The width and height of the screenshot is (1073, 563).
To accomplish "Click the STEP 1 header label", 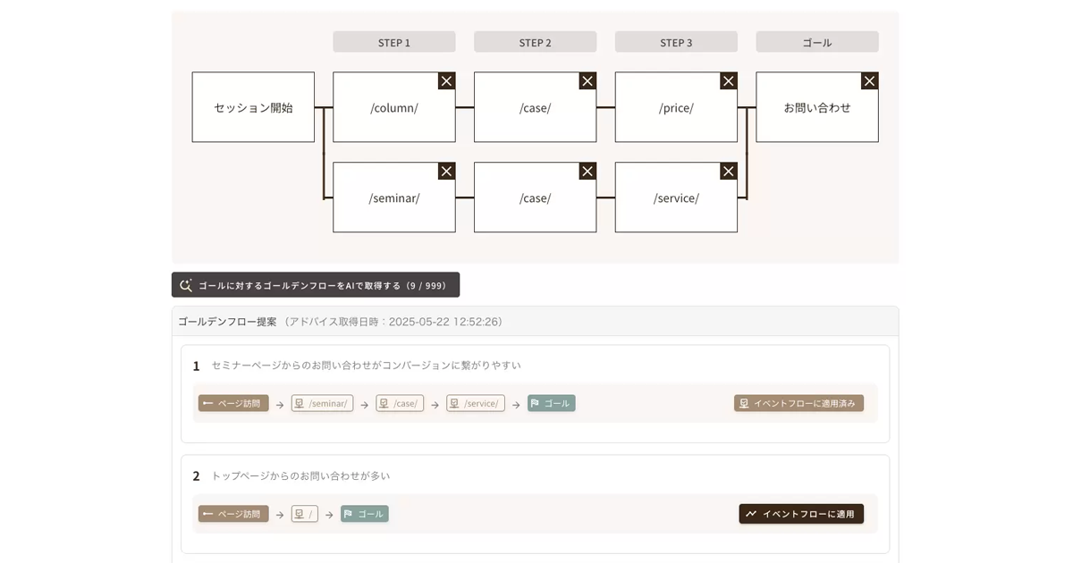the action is (x=393, y=42).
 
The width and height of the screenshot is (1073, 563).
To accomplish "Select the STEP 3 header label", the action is (x=676, y=42).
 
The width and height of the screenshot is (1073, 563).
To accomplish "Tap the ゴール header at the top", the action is (x=817, y=42).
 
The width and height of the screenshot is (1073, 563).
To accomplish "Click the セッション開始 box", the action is (x=253, y=107).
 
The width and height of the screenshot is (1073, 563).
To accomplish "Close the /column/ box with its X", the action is (x=446, y=81).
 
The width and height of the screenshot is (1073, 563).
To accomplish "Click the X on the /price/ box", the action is (x=729, y=81).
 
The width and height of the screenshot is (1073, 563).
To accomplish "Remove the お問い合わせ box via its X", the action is (x=869, y=81).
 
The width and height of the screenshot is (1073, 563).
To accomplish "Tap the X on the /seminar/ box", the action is (x=446, y=172).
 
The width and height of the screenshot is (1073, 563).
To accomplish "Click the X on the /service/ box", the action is (x=729, y=172).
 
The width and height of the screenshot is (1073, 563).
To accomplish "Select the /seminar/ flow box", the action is (x=393, y=197).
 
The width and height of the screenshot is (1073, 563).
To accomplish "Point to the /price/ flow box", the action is (x=676, y=107).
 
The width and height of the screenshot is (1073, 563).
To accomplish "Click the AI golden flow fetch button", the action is (x=316, y=285).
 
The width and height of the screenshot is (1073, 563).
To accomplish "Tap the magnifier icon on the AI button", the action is (x=186, y=285).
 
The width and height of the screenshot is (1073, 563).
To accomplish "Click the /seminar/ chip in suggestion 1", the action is (x=322, y=403).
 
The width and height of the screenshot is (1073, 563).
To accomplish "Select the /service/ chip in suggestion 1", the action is (x=475, y=403).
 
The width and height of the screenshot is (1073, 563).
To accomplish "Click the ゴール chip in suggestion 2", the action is (x=365, y=514).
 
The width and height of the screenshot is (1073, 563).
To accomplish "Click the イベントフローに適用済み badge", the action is (x=798, y=403).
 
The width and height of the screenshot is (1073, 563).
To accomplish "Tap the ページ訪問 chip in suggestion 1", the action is (x=233, y=403).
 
